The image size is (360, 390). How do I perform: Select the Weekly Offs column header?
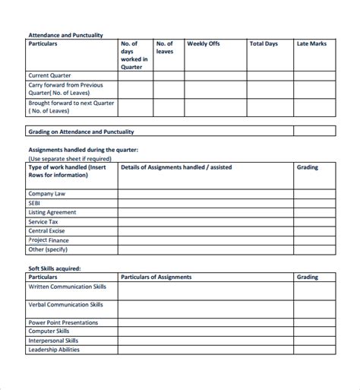[x=203, y=44]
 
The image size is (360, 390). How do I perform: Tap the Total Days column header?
[x=264, y=44]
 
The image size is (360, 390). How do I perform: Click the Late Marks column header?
[x=311, y=44]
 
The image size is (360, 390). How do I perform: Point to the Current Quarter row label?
[x=50, y=76]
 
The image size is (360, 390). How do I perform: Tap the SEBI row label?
[x=36, y=204]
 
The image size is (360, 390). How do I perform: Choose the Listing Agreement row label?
[x=52, y=213]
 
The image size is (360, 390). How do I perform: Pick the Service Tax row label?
[x=44, y=222]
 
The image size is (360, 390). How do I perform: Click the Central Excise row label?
[x=48, y=230]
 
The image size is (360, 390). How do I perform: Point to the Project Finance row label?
[x=50, y=239]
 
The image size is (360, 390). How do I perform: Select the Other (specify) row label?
[x=48, y=249]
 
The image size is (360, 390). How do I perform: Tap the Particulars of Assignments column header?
[x=156, y=277]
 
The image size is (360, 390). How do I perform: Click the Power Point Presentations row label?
[x=63, y=322]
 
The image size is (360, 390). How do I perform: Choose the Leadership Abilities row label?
[x=54, y=350]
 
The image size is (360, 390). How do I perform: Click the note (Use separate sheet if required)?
[x=69, y=159]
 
